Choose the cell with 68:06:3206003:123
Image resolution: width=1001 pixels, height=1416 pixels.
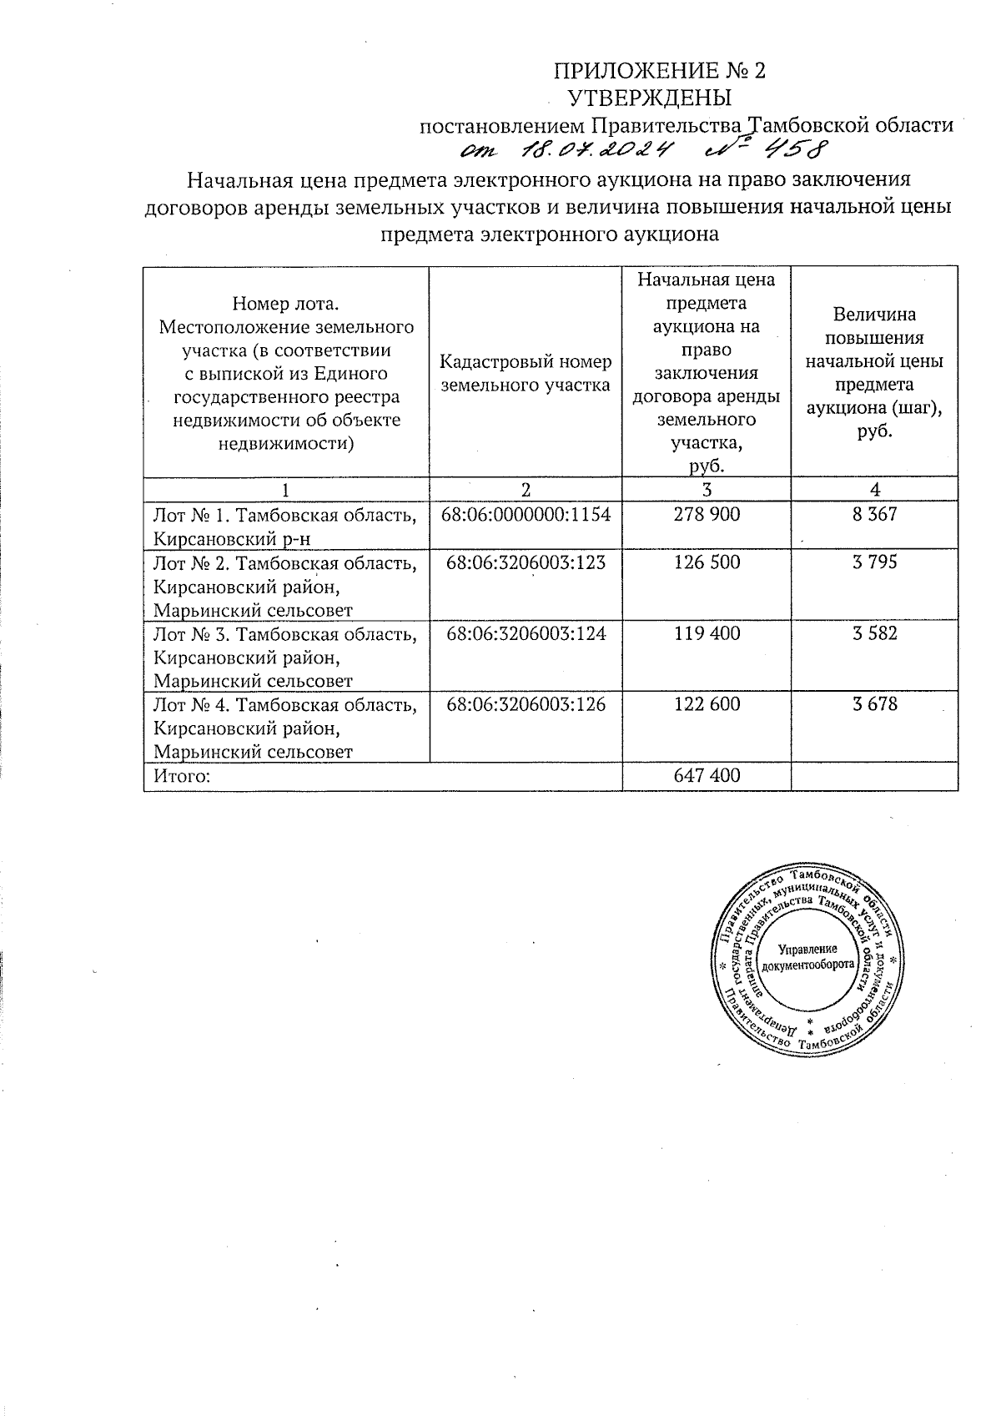click(526, 562)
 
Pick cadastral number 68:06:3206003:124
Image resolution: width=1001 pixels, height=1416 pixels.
click(526, 633)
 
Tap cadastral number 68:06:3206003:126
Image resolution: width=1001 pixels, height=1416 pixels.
click(526, 704)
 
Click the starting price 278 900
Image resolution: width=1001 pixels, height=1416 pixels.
click(707, 515)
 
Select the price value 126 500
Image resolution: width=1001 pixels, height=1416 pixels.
click(707, 562)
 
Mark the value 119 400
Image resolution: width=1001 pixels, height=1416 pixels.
click(707, 633)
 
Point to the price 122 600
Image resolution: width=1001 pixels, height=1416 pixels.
click(707, 704)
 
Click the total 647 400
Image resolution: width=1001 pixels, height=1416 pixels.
click(707, 776)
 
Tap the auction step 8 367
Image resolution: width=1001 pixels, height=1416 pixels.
click(874, 515)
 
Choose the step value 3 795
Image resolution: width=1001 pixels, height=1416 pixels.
click(874, 562)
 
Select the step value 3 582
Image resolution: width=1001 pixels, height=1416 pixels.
click(874, 633)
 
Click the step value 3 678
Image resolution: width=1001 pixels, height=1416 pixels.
click(874, 704)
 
